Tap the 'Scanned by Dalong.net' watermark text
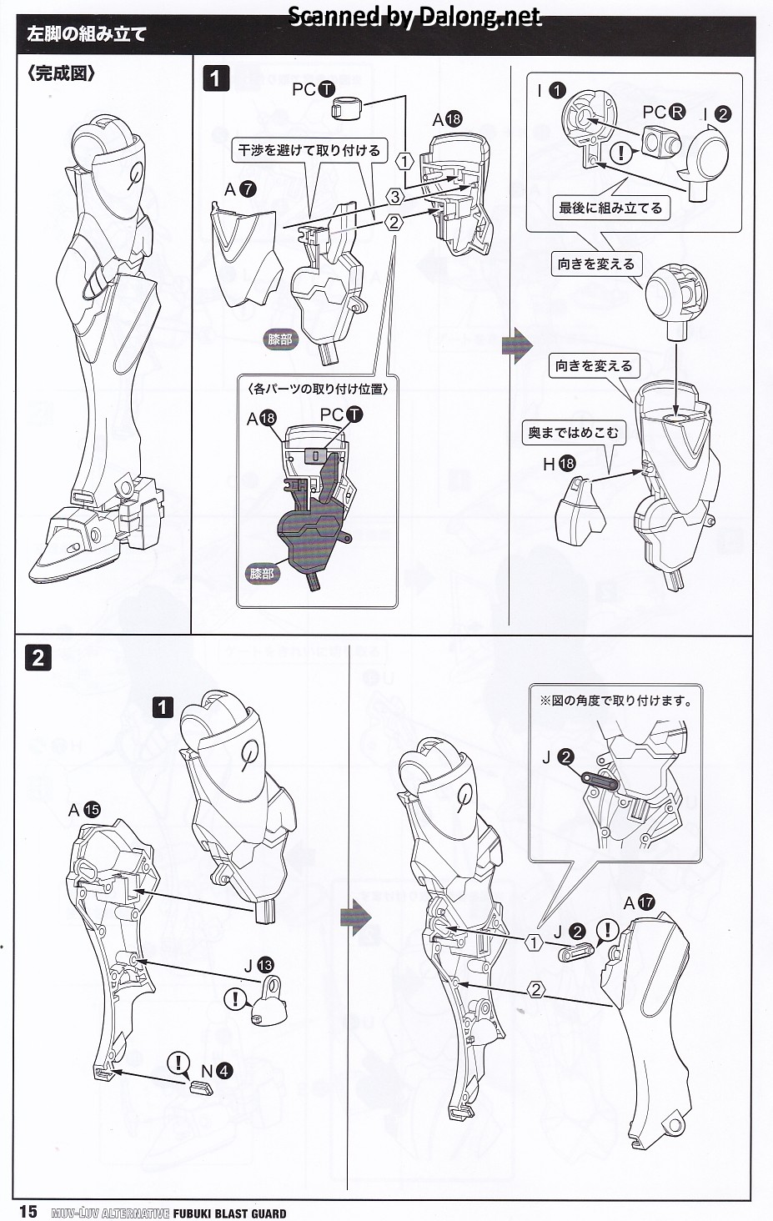[414, 17]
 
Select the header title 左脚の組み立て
[87, 35]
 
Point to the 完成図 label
[61, 73]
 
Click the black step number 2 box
[38, 658]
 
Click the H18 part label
[559, 464]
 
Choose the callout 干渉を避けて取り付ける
[309, 150]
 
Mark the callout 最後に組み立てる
[610, 208]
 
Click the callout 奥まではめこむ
[574, 433]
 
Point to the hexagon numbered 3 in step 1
[395, 196]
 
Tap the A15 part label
[84, 811]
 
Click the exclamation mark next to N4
[178, 1063]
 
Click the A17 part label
[639, 903]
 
